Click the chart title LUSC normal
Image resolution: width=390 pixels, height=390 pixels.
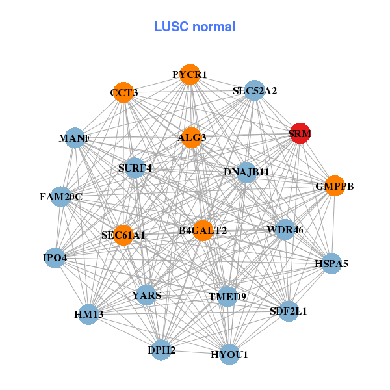pos(195,27)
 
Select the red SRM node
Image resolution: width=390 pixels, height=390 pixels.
pos(300,133)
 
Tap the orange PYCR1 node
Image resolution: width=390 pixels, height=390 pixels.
pos(189,75)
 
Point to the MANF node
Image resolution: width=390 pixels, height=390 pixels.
pos(75,138)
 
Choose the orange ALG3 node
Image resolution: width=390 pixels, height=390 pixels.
pos(191,137)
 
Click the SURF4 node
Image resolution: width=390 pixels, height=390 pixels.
pos(135,168)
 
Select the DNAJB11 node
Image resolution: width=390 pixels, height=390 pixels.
pos(246,172)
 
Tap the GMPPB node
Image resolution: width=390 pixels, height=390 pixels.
pos(334,186)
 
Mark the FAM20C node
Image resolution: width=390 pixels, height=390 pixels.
pos(60,196)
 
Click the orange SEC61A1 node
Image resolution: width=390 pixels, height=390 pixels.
pos(123,235)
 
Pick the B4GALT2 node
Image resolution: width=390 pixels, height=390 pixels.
pos(203,230)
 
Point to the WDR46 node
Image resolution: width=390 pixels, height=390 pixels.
pos(285,229)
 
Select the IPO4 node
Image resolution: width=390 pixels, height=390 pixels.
pos(55,258)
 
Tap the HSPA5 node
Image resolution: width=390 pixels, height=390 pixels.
pos(331,264)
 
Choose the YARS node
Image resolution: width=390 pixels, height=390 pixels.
pos(146,295)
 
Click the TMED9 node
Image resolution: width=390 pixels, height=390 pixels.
pos(227,296)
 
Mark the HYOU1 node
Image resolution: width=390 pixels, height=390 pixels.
pos(229,354)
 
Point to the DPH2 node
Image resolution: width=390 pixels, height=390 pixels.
pos(162,350)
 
